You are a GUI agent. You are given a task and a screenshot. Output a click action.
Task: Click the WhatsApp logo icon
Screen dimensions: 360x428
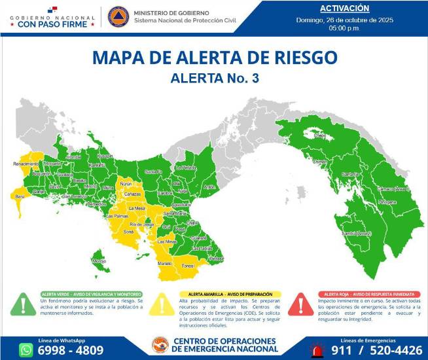pyautogui.click(x=26, y=350)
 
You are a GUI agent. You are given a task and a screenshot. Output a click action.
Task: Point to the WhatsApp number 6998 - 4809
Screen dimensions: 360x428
pyautogui.click(x=71, y=350)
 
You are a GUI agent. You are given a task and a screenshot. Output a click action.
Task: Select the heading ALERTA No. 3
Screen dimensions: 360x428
pyautogui.click(x=215, y=79)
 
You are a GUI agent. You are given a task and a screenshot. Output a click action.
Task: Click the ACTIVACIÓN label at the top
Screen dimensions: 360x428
pyautogui.click(x=345, y=9)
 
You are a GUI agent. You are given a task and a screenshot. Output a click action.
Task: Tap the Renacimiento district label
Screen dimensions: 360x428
pyautogui.click(x=26, y=164)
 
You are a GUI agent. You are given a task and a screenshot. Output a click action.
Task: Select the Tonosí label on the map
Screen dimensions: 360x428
pyautogui.click(x=188, y=266)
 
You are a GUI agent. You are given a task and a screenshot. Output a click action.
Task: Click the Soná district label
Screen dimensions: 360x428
pyautogui.click(x=128, y=232)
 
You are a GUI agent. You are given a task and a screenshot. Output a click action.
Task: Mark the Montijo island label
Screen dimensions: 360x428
pyautogui.click(x=99, y=261)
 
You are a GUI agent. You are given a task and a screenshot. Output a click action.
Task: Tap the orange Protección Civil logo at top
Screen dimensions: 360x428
pyautogui.click(x=118, y=16)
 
